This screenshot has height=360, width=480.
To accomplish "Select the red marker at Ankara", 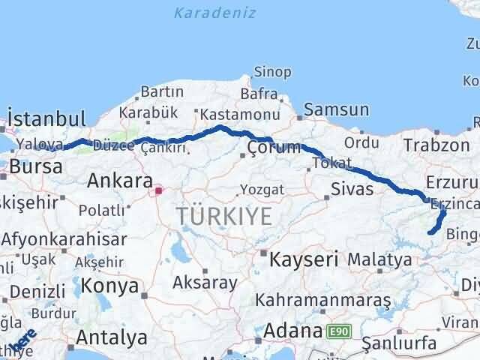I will tap(158, 191).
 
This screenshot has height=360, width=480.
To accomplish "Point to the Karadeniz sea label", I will tap(214, 13).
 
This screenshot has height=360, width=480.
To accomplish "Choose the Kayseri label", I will tap(304, 260).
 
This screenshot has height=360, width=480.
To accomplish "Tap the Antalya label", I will tap(112, 338).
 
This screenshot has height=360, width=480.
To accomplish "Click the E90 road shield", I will tap(337, 331).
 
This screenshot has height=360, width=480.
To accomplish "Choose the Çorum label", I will tap(274, 147).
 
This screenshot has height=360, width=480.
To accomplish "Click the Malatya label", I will tap(385, 260).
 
